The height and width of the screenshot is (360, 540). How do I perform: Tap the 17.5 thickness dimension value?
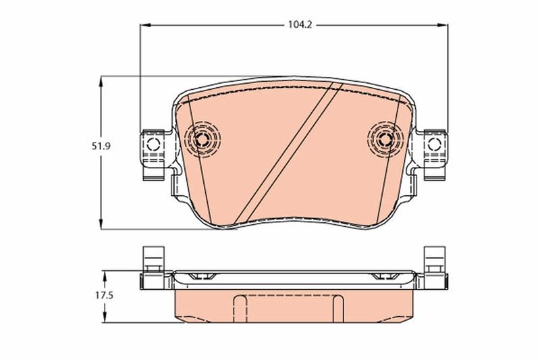(86, 296)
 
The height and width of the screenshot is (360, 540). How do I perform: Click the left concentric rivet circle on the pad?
(201, 140)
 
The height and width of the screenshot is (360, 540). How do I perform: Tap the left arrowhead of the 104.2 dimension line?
(144, 26)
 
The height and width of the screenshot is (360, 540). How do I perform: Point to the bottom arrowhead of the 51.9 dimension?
(101, 226)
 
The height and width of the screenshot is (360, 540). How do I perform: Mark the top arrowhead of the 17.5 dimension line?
(105, 274)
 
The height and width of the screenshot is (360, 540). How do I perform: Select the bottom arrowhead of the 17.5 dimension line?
(105, 318)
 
